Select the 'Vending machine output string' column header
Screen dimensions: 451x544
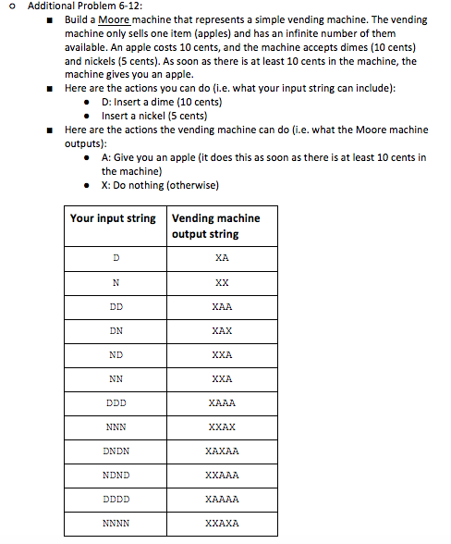[216, 226]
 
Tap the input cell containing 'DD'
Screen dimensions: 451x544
[116, 306]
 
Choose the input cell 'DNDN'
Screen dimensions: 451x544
[116, 451]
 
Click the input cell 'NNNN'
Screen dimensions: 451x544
[116, 523]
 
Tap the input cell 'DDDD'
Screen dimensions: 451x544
[116, 499]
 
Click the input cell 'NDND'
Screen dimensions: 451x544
[116, 475]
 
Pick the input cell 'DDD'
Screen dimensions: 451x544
[116, 402]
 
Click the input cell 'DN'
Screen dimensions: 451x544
[116, 330]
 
